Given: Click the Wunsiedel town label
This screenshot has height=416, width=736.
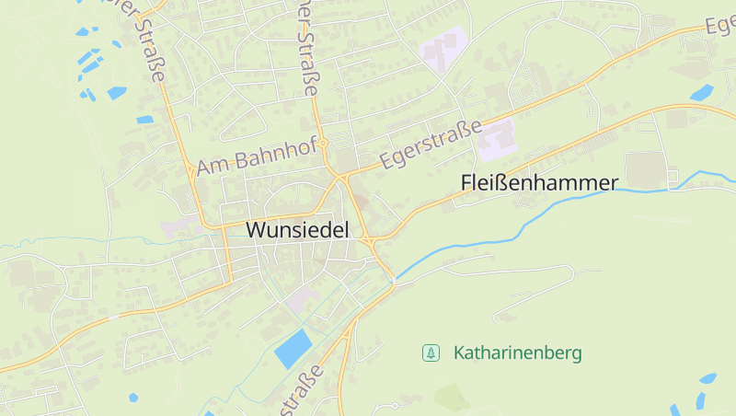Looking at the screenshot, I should point(298,231).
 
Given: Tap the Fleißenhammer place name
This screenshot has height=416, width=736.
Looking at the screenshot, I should point(538,183).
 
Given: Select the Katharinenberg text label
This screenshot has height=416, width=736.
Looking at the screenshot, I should point(517,352).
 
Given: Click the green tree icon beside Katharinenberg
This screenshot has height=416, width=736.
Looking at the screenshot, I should point(430,352).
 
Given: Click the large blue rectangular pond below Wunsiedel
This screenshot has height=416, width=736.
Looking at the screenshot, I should point(293,349).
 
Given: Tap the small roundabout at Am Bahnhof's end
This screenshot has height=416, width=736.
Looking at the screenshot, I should point(323,144).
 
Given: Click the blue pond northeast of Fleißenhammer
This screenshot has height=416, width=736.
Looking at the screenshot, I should point(702,92).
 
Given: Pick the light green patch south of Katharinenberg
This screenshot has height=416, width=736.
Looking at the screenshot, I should point(451,397).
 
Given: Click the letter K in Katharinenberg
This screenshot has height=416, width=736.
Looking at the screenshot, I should point(459,352).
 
